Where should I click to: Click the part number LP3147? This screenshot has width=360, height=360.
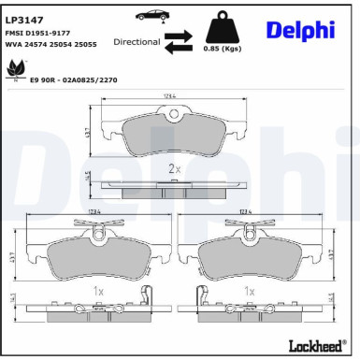point(23,18)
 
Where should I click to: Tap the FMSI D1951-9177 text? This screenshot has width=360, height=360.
point(37,33)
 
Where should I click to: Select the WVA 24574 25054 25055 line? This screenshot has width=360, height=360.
point(50,45)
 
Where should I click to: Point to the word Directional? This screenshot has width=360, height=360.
point(137,42)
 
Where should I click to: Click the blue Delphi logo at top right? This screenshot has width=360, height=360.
point(300,30)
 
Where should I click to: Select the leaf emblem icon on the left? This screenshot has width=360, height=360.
point(16,69)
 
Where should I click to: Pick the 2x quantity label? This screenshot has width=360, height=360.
point(174,169)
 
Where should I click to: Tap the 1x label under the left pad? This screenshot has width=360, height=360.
point(98,291)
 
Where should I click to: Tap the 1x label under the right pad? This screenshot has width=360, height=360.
point(249,291)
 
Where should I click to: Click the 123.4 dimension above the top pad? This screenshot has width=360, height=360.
point(170,96)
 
